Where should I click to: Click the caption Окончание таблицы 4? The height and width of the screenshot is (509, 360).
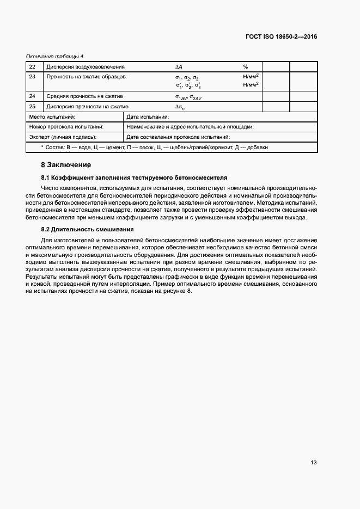pos(55,57)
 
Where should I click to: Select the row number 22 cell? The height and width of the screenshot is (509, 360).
pos(32,67)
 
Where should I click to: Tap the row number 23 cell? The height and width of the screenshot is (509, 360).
pos(32,77)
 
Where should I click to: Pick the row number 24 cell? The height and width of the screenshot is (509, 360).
pos(32,96)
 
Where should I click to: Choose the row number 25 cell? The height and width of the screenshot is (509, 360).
pos(32,107)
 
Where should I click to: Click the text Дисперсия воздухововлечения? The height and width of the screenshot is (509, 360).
pos(82,67)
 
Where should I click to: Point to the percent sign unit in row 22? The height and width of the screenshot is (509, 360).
pos(246,67)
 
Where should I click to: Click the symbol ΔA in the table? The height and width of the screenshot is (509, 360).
pos(178,67)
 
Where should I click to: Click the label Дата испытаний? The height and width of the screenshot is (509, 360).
pos(148,116)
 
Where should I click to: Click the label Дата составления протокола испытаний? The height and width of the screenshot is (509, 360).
pos(178,137)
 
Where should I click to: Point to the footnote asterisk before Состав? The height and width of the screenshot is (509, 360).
pos(42,147)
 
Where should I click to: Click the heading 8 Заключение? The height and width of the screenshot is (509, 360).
pos(66,164)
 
